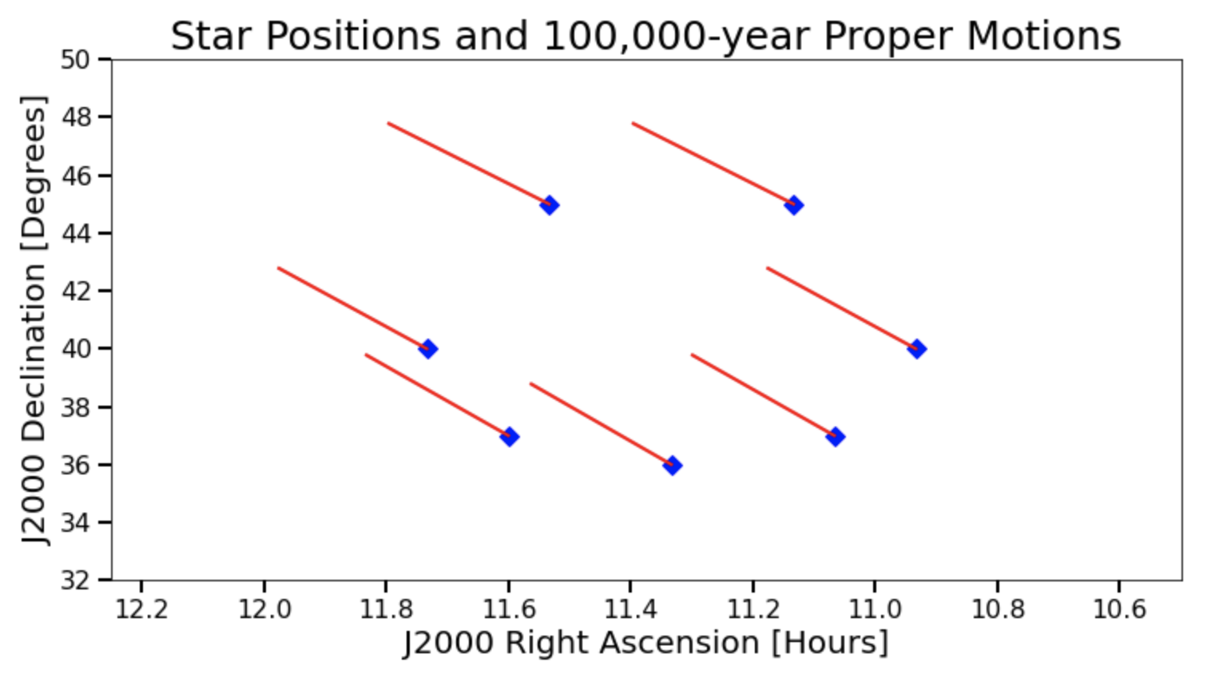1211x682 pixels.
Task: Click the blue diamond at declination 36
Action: coord(672,466)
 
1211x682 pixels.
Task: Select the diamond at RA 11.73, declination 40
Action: coord(427,348)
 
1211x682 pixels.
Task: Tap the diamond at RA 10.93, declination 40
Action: coord(916,348)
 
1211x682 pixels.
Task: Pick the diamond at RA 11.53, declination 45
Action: coord(550,205)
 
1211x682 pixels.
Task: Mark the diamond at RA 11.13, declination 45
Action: coord(794,205)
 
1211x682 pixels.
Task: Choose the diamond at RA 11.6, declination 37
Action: coord(509,436)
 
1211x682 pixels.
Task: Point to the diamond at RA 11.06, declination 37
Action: coord(836,436)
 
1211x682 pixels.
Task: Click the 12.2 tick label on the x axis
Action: coord(142,609)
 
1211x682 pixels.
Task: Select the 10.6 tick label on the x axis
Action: coord(1120,609)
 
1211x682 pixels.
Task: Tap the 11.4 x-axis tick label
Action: coord(630,609)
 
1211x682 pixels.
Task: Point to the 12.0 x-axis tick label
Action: coord(264,609)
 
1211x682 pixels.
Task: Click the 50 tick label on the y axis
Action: coord(75,59)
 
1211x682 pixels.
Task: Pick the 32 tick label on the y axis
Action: coord(75,581)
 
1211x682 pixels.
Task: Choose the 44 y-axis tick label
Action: coord(75,233)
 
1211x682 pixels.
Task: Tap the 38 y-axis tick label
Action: coord(75,407)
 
